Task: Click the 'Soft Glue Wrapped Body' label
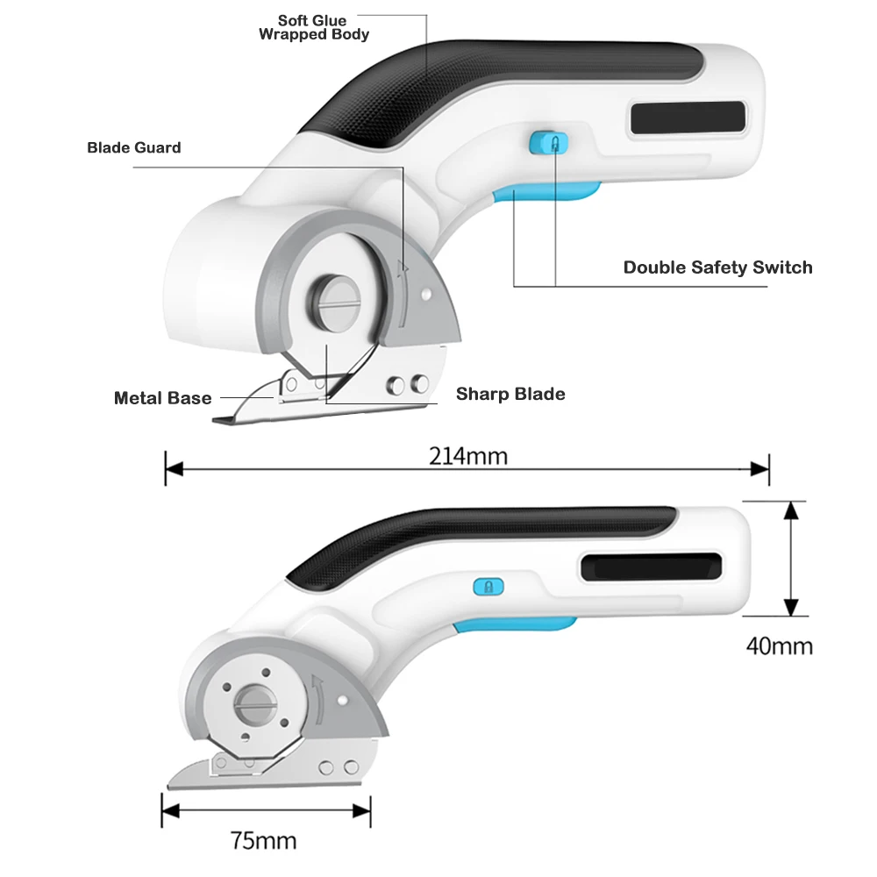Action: coord(314,27)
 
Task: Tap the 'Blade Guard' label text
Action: coord(134,147)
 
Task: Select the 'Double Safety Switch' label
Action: coord(717,267)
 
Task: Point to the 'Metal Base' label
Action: coord(163,398)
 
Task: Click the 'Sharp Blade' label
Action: coord(510,394)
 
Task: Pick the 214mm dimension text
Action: coord(468,456)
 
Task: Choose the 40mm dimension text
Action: coord(779,646)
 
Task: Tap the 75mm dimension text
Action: coord(263,841)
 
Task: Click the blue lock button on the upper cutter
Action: coord(548,143)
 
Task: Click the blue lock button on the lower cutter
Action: coord(488,587)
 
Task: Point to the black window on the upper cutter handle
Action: coord(688,118)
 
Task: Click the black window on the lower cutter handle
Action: coord(651,567)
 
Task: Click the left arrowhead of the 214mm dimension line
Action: coord(175,468)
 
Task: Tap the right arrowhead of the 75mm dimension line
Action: coord(361,810)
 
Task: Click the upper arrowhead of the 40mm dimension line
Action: coord(791,510)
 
